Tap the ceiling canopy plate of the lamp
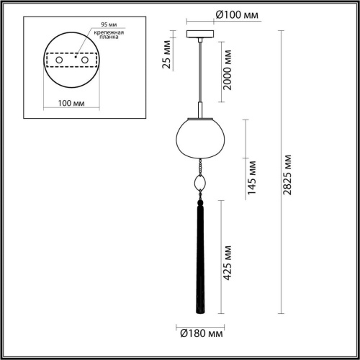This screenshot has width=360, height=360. [x=199, y=33]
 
